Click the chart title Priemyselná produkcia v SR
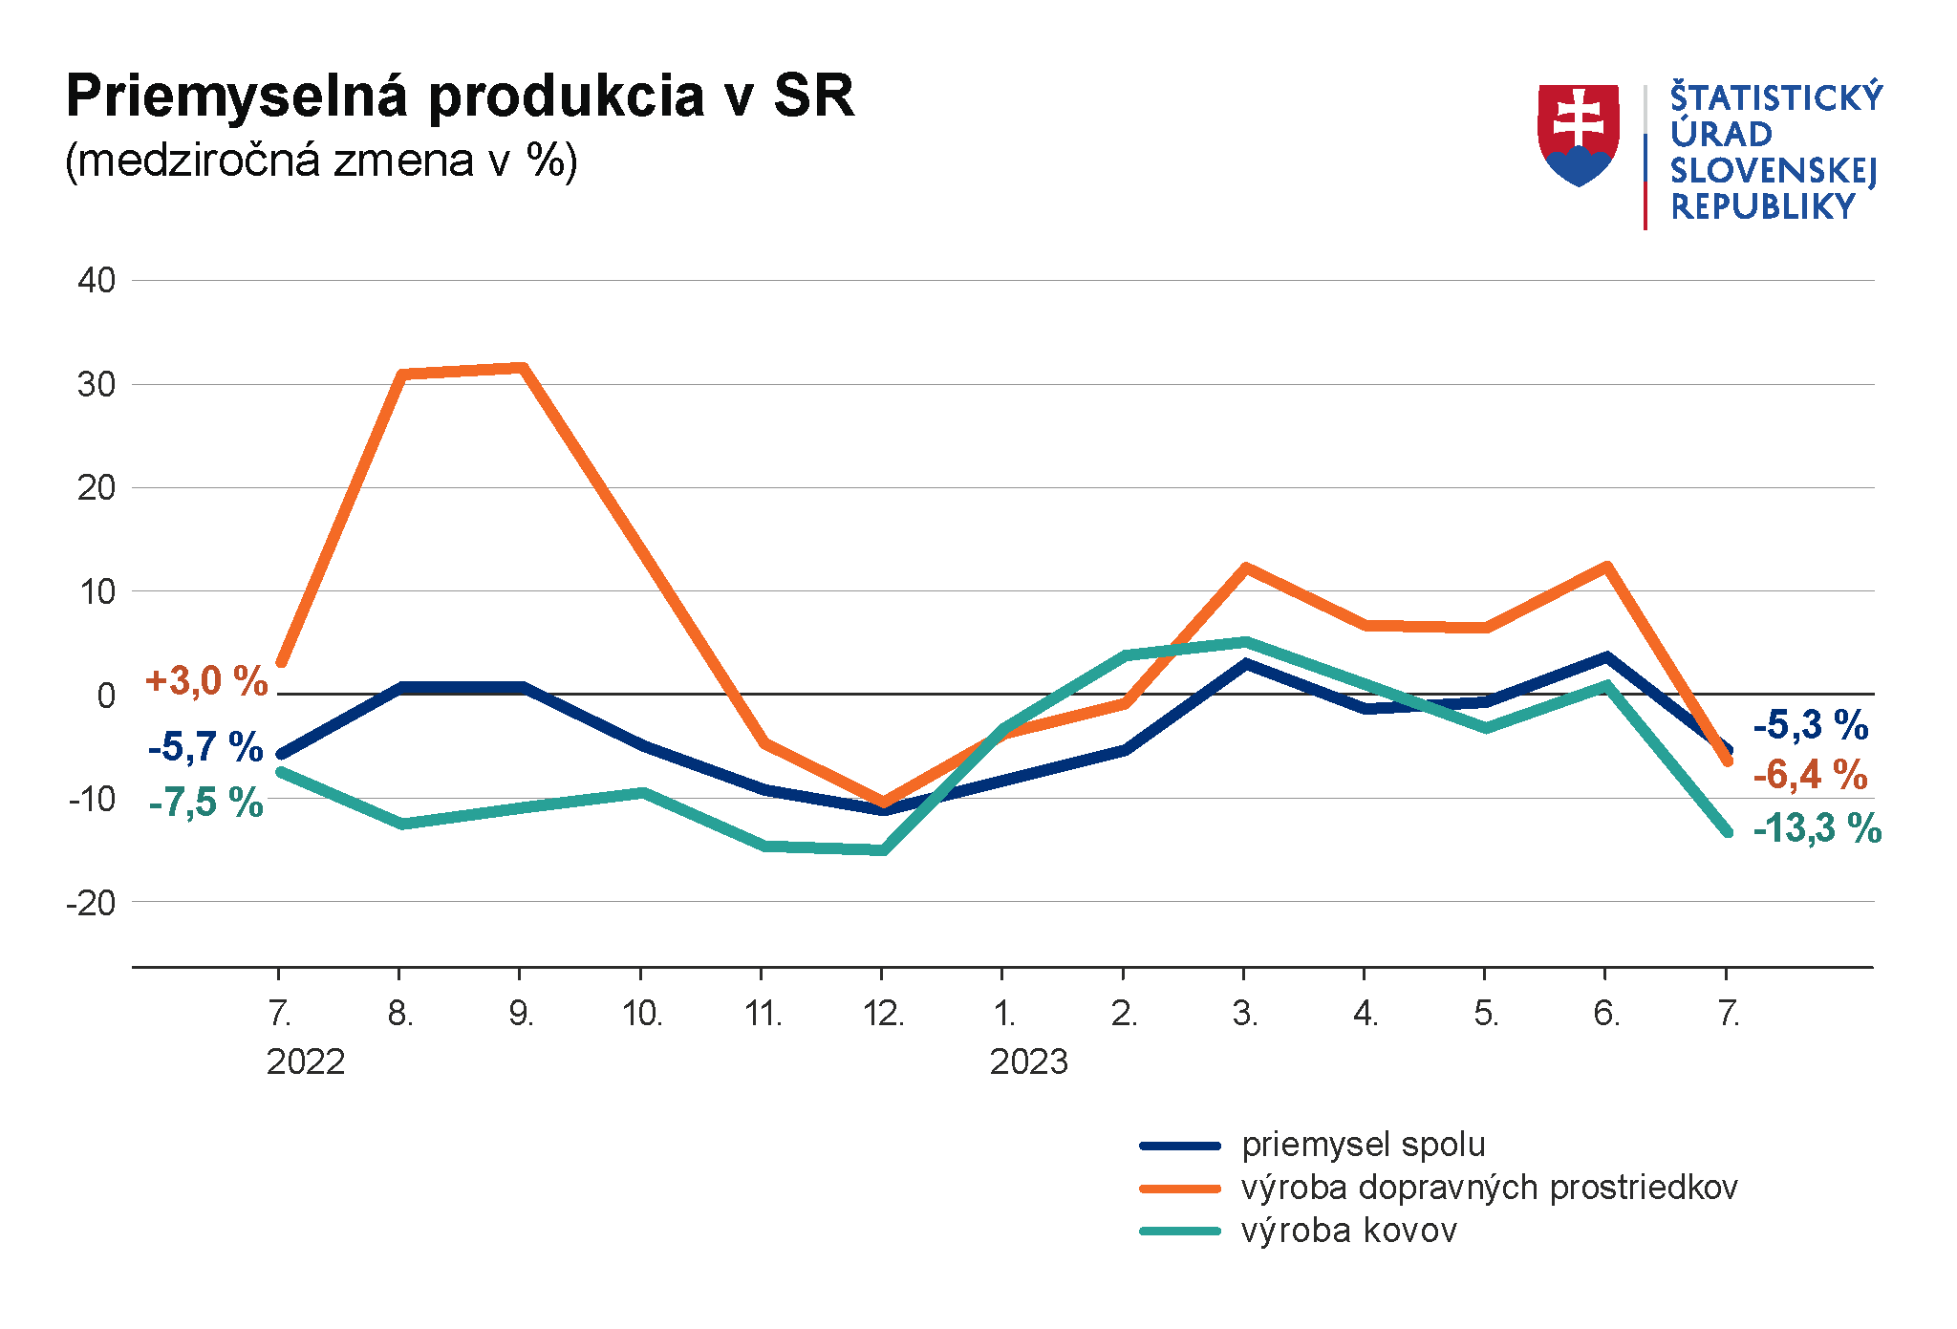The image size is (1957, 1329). click(460, 96)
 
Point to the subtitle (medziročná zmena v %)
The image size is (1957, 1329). click(321, 161)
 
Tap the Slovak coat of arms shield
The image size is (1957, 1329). click(1578, 134)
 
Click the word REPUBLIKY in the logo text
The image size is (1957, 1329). click(1762, 206)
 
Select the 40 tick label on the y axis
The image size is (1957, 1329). click(97, 281)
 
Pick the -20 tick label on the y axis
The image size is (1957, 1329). click(91, 903)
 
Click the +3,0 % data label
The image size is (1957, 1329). click(206, 681)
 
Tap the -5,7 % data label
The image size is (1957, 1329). click(205, 747)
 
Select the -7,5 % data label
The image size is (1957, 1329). click(205, 803)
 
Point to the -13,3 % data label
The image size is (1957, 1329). click(1817, 828)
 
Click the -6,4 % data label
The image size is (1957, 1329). click(1810, 775)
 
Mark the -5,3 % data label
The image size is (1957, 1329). click(1810, 725)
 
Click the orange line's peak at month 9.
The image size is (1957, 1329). click(522, 368)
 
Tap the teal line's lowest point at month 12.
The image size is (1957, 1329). click(883, 849)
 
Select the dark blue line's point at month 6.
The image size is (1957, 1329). click(1606, 657)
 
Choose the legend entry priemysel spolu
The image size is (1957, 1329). click(1363, 1145)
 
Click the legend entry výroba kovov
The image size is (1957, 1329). click(1348, 1231)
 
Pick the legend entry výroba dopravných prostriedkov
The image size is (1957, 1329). click(1488, 1188)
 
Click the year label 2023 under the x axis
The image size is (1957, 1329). click(1028, 1062)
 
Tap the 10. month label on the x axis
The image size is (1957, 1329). click(642, 1014)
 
